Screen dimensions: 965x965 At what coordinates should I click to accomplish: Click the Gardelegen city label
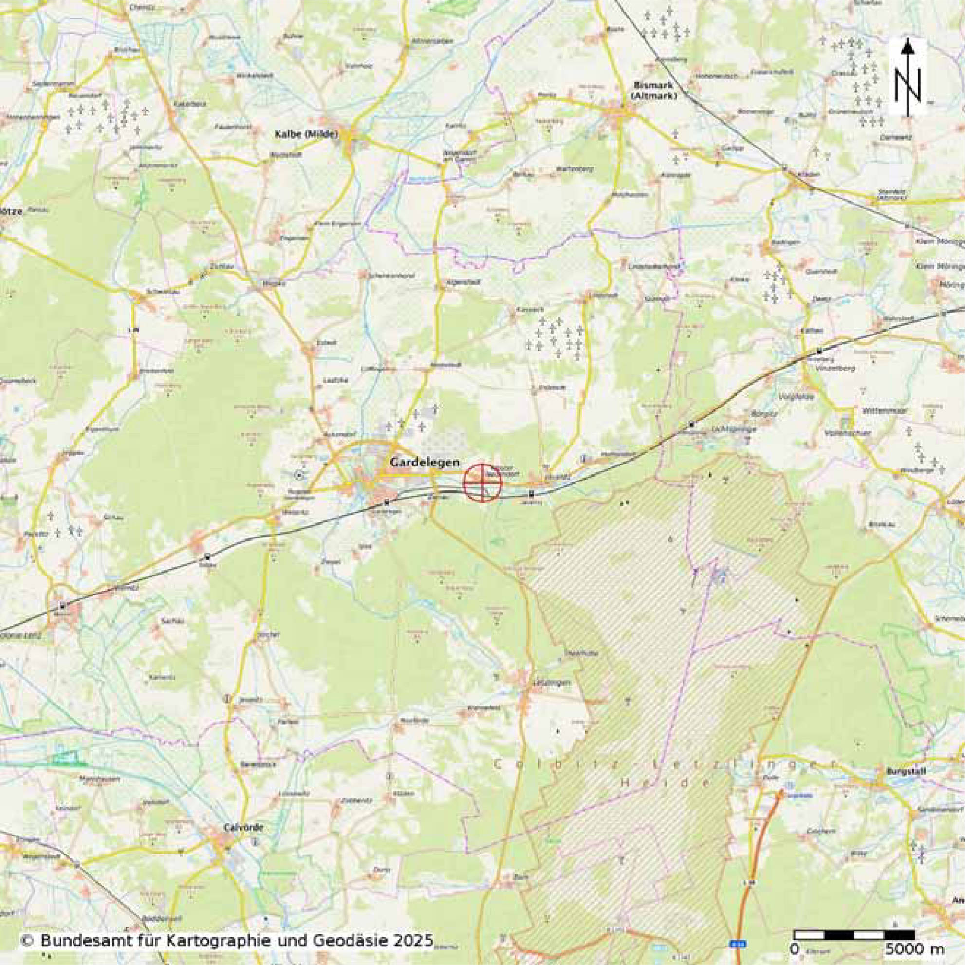click(x=424, y=463)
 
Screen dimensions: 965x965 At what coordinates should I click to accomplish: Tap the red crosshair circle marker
click(x=482, y=482)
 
